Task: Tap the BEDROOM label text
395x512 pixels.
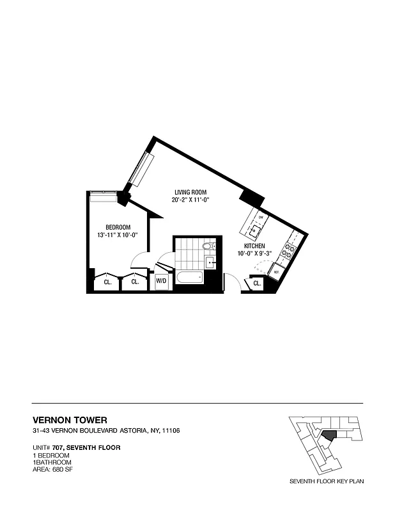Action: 118,227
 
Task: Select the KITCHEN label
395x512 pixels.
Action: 255,246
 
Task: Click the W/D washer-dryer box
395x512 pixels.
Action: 162,280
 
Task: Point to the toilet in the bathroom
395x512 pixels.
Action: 208,246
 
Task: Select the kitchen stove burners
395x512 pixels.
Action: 290,250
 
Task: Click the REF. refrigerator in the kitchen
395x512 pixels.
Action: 277,271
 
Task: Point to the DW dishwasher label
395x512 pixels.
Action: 251,216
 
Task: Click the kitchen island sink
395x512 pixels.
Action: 256,229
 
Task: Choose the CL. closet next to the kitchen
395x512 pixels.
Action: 257,282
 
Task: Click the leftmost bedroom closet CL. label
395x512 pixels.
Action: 107,281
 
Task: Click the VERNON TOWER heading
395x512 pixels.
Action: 66,420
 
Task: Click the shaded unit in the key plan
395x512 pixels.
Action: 329,434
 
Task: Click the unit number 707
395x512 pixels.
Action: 59,447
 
